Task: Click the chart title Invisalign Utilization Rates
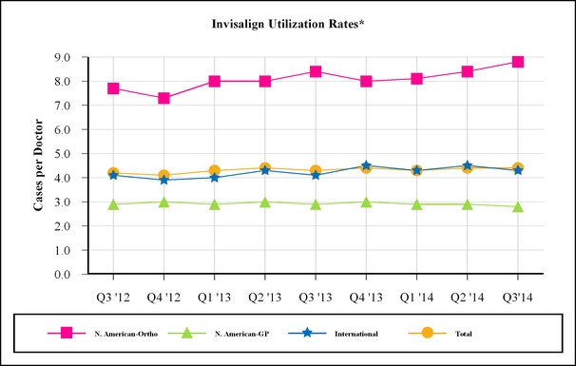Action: click(288, 24)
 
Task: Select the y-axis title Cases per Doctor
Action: click(38, 165)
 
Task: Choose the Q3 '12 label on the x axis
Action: click(113, 298)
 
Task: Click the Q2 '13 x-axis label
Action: click(265, 298)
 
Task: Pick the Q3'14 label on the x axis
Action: click(518, 298)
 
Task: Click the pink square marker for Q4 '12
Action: click(163, 98)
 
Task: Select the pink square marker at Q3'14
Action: click(518, 62)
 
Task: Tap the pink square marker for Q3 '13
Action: click(316, 71)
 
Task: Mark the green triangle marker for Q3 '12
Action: click(113, 204)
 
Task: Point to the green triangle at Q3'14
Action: click(518, 207)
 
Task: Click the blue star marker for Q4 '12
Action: click(163, 180)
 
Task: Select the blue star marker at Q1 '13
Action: click(215, 178)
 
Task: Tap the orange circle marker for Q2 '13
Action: click(265, 168)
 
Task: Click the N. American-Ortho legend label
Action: click(126, 334)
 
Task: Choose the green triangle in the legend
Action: click(187, 334)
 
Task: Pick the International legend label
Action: click(356, 334)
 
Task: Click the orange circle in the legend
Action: click(427, 333)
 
